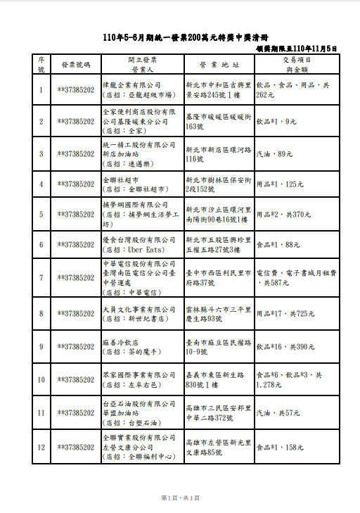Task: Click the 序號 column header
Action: (x=41, y=65)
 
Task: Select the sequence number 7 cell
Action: (x=41, y=277)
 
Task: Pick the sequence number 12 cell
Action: (x=41, y=447)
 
